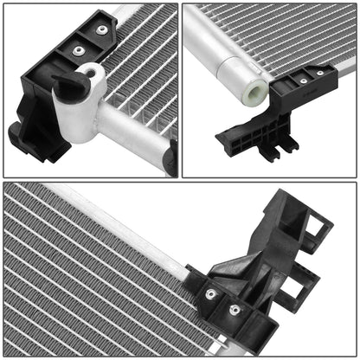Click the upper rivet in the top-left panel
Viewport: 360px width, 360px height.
coord(102,29)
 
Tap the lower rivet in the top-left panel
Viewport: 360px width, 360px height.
coord(78,50)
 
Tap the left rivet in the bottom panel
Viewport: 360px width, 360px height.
coord(210,294)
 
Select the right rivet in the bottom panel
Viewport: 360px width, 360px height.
coord(232,309)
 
